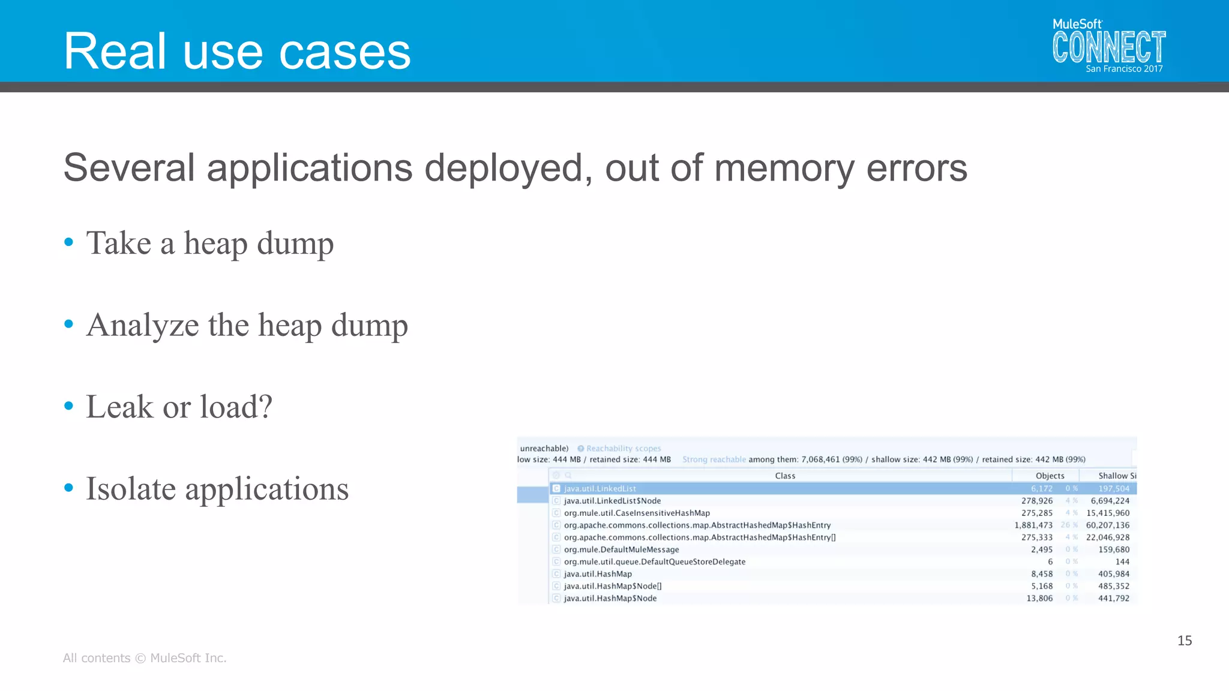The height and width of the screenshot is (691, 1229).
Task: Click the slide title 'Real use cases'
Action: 237,52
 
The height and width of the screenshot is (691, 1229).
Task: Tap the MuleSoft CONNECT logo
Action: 1108,43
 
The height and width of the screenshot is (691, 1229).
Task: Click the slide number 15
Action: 1185,641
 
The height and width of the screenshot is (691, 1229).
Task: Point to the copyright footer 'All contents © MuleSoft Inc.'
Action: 145,658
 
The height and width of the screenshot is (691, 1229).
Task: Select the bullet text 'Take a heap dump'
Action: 209,244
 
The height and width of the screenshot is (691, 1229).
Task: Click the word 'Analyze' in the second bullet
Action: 142,326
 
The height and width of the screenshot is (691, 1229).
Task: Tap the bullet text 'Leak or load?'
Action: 179,407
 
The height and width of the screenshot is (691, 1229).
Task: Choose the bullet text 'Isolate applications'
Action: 217,488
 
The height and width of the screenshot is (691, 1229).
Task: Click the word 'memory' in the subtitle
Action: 784,169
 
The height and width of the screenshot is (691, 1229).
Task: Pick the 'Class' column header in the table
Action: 785,476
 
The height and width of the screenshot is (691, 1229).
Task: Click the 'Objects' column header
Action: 1050,476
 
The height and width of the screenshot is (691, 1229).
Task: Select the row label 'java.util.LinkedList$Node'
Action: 612,501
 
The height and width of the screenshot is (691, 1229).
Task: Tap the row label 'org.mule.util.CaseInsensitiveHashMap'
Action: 637,513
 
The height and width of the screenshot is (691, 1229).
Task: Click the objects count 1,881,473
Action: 1033,525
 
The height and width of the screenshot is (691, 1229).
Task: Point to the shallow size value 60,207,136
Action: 1107,525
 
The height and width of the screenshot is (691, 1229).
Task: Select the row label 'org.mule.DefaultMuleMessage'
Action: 621,549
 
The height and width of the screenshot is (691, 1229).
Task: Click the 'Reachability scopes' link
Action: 624,449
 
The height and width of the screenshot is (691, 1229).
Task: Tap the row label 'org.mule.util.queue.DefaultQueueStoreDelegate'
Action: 655,562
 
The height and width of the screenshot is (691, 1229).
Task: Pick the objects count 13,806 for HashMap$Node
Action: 1039,599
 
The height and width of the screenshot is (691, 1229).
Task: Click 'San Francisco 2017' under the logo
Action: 1124,69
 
